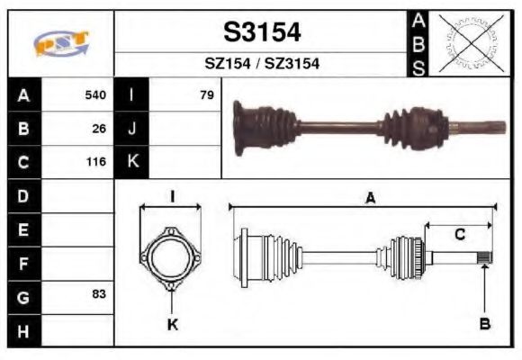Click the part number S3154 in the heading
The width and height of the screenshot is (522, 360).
click(x=262, y=32)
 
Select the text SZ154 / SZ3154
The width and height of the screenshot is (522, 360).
click(x=262, y=64)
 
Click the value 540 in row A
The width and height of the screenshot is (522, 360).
click(x=94, y=94)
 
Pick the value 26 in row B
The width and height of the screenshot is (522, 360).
click(x=98, y=129)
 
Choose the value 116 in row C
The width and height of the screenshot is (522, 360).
click(x=94, y=163)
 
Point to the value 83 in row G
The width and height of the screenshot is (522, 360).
click(x=98, y=294)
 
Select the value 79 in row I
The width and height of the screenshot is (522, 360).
click(x=207, y=94)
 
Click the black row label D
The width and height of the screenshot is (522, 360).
click(x=23, y=195)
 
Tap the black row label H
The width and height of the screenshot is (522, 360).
click(x=23, y=329)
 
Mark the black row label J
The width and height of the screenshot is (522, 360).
click(x=131, y=129)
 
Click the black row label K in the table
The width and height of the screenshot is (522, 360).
click(x=131, y=163)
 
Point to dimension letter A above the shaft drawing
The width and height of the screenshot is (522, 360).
click(x=369, y=200)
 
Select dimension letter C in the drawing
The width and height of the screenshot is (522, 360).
click(x=459, y=236)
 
